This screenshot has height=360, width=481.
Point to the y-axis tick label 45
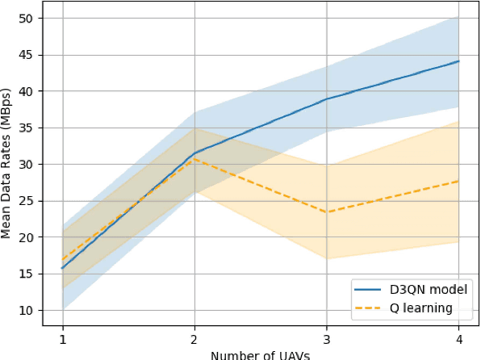(27, 55)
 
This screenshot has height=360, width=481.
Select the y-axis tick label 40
(27, 91)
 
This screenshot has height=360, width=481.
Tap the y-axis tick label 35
(27, 128)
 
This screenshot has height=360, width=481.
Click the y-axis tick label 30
(27, 165)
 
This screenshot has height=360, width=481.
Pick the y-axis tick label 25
(27, 201)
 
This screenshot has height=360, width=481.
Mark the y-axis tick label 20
(27, 237)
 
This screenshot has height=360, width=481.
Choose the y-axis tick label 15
(27, 274)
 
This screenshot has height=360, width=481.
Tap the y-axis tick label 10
(27, 310)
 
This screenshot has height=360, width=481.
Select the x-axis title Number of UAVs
(260, 354)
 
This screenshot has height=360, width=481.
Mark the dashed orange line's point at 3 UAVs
(326, 212)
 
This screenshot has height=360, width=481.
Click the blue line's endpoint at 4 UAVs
(458, 61)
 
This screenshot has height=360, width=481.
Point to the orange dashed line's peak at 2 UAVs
(194, 159)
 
